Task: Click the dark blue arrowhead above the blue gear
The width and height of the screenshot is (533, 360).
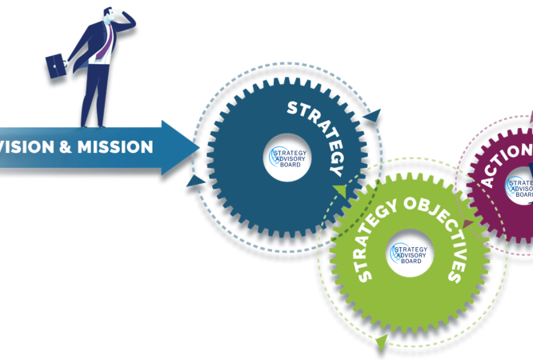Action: pyautogui.click(x=371, y=117)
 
